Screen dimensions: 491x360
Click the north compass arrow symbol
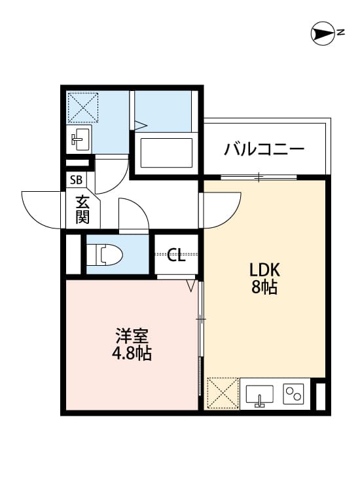point(322,33)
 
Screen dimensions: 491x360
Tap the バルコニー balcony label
point(264,149)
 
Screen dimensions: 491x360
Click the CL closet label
point(176,255)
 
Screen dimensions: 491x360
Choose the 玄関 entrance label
point(82,209)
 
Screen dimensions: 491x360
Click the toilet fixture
point(104,254)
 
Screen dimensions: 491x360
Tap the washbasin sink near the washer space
point(80,138)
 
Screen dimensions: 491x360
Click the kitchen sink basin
point(260,395)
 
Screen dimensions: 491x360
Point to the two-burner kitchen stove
point(293,394)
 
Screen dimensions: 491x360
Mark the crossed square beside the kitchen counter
point(223,393)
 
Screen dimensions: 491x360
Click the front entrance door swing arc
point(43,209)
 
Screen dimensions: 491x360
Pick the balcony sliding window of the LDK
point(259,177)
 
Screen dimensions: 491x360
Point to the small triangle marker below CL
point(191,285)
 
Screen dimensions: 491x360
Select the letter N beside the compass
point(341,33)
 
